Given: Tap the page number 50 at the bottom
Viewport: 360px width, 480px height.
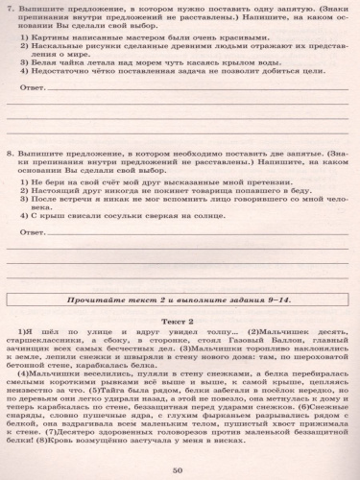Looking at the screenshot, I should coord(180,468).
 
